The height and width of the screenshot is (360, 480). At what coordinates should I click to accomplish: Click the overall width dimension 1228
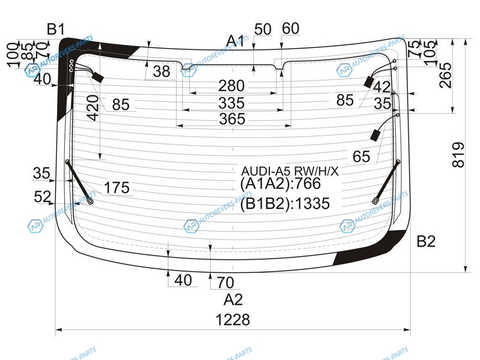(x=233, y=320)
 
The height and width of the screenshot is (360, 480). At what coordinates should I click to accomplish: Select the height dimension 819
(x=458, y=155)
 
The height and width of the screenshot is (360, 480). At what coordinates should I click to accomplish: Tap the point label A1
(x=235, y=41)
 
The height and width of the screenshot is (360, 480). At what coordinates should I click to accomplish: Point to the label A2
(x=233, y=299)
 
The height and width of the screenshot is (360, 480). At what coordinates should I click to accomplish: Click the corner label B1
(x=56, y=29)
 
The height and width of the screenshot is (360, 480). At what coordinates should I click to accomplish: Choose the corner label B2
(x=426, y=242)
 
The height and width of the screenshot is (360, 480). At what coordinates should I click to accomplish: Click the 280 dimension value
(x=231, y=86)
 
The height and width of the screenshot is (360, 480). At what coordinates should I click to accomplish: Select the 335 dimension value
(x=232, y=103)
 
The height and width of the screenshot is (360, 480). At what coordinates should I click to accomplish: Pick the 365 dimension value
(x=232, y=119)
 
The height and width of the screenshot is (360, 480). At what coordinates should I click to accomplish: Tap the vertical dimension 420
(x=93, y=107)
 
